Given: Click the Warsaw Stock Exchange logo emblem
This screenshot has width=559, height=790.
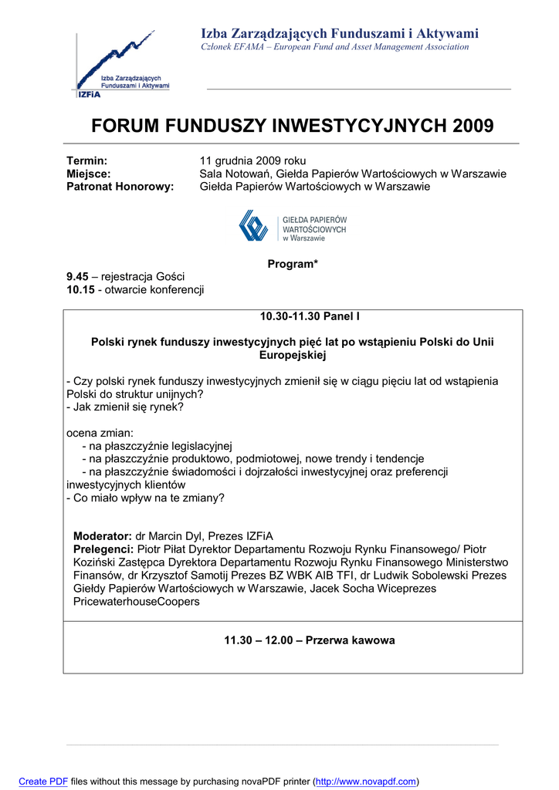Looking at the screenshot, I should tap(253, 226).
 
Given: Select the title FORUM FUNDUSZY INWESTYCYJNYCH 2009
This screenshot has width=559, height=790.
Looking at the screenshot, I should tap(293, 126).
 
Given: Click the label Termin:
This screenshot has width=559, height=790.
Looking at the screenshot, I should tap(86, 160).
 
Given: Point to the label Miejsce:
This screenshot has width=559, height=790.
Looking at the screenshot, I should tap(89, 174).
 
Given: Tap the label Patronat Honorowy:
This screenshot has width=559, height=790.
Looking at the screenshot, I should tap(120, 187).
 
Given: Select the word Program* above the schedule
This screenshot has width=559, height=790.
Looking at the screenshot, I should tap(293, 265).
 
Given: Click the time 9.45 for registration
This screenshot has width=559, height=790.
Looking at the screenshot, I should tap(77, 277).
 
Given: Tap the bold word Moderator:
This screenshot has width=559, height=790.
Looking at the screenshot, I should tap(103, 535).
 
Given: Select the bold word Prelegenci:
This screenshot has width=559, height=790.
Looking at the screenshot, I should tap(103, 549).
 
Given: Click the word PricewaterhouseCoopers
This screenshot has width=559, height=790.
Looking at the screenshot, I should tap(136, 602).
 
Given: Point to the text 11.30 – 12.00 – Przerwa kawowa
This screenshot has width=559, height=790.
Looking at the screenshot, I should tap(310, 640).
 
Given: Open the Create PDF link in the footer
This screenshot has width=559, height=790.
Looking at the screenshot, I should tap(43, 782).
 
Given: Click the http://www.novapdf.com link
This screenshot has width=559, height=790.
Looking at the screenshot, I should tap(366, 782).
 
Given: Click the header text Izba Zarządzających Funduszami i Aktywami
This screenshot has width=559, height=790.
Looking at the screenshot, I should tap(340, 33).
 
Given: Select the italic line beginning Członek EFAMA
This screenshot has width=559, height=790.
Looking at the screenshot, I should tap(334, 47).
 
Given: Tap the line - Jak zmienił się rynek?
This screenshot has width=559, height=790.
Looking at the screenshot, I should tap(125, 407).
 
